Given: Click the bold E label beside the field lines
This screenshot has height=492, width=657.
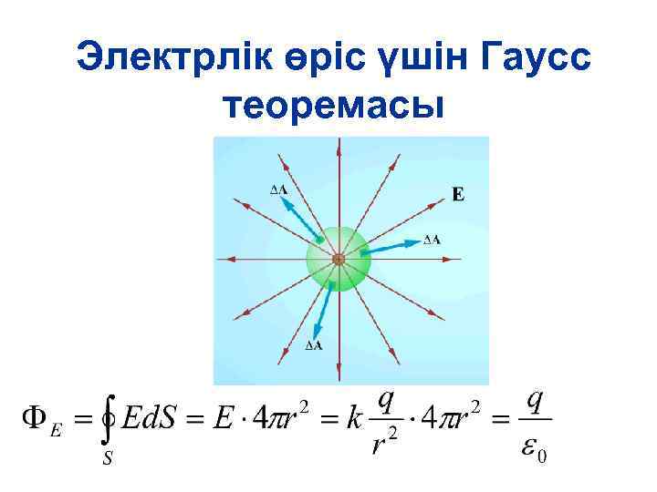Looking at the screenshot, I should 458,193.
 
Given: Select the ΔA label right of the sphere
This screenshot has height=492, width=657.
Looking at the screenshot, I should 433,240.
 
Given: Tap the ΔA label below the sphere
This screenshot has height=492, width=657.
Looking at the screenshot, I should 312,346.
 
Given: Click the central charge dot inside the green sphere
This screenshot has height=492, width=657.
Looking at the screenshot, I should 338,260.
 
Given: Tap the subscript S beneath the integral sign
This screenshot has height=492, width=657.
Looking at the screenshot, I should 107,460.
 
